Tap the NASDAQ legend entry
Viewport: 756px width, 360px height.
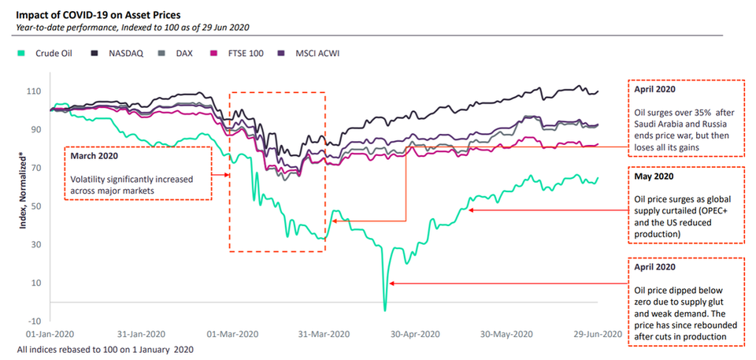tap(121, 54)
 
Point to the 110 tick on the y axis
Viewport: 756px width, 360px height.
tap(35, 91)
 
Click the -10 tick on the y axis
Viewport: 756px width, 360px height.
tap(35, 321)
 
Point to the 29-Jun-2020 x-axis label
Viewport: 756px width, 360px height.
tap(595, 333)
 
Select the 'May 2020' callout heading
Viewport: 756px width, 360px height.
tap(654, 176)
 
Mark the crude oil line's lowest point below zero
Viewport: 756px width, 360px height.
tap(385, 310)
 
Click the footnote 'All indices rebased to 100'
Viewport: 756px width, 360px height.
tap(104, 348)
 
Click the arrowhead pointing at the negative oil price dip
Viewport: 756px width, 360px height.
tap(392, 283)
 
